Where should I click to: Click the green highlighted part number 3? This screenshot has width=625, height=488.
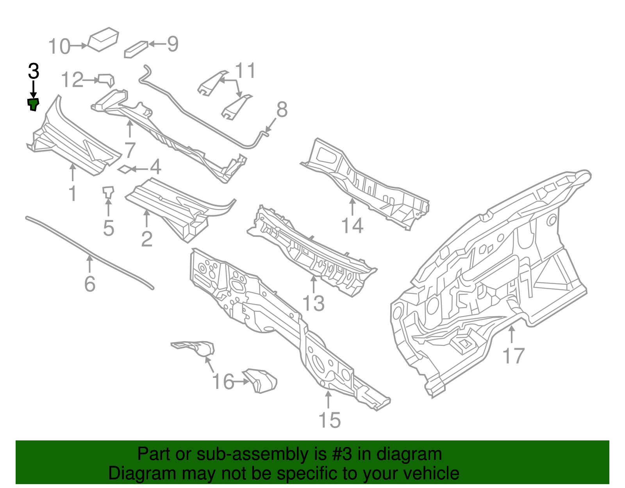click(x=33, y=104)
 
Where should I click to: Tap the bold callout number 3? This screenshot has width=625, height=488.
click(x=34, y=72)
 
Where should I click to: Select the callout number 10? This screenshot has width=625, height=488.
click(x=59, y=46)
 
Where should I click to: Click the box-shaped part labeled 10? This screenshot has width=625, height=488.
click(x=103, y=39)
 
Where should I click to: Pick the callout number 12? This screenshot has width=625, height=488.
click(x=72, y=80)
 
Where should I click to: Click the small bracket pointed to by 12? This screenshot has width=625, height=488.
click(x=106, y=80)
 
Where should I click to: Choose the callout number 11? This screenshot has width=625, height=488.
click(x=245, y=71)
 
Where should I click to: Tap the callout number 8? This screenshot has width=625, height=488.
click(x=282, y=110)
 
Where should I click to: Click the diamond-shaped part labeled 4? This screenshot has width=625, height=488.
click(x=124, y=169)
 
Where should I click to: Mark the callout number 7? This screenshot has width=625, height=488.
click(x=130, y=150)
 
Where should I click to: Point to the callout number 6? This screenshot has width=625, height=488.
click(x=90, y=284)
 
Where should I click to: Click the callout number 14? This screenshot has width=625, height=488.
click(x=352, y=226)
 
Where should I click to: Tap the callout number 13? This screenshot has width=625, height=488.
click(x=314, y=303)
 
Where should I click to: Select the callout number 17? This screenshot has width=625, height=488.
click(x=513, y=356)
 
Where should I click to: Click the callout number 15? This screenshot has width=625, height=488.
click(x=329, y=420)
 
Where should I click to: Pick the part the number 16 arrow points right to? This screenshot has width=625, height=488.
click(x=261, y=380)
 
